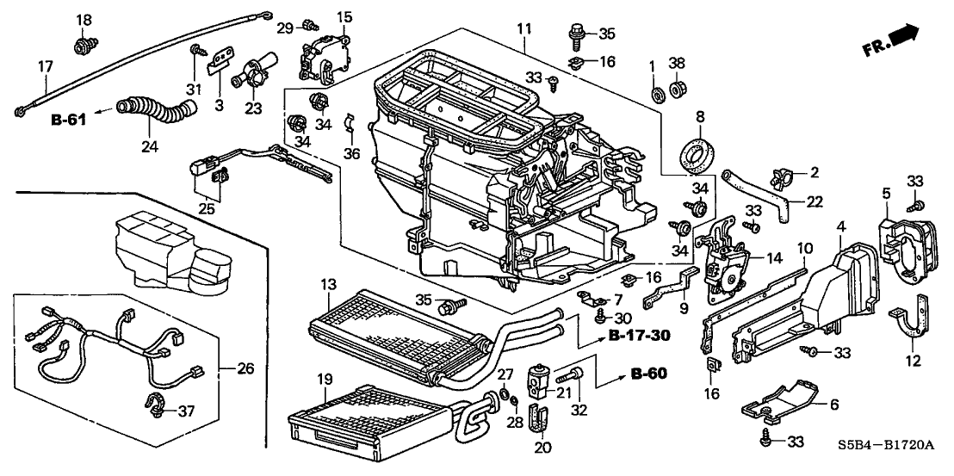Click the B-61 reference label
[66, 121]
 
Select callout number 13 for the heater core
[327, 284]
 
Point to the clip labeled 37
[156, 399]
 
